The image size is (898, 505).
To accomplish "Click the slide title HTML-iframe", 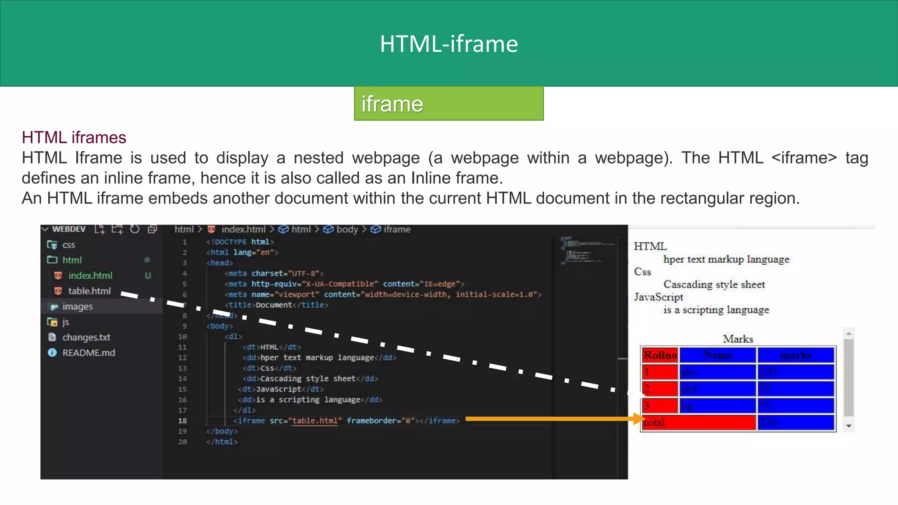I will pos(449,44).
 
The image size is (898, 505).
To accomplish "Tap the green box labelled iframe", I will pos(449,103).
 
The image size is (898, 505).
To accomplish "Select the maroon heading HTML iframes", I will pos(74,138).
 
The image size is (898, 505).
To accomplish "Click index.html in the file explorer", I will pos(90,275).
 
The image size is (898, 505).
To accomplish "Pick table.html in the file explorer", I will pos(89,291).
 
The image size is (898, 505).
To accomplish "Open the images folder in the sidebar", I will pos(77,306).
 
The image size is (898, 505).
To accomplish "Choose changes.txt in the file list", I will pos(86,337).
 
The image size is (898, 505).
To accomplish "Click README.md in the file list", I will pos(89,353).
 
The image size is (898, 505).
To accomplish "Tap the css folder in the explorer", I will pos(68,245).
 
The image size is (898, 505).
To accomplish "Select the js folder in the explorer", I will pos(65,322).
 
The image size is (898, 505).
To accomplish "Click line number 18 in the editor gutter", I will pos(182,421).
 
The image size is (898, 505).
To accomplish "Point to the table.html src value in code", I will pos(315,421).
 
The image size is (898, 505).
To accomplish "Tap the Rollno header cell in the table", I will pos(660,355).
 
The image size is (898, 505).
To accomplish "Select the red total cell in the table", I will pos(699,423).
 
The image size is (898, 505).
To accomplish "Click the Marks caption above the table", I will pos(738,339).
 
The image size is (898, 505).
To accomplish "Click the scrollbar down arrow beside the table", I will pos(849,426).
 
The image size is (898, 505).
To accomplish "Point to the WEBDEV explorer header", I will pos(68,229).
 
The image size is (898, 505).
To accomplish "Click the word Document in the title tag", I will pos(274,305).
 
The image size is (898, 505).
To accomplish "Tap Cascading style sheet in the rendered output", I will pos(714,285).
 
